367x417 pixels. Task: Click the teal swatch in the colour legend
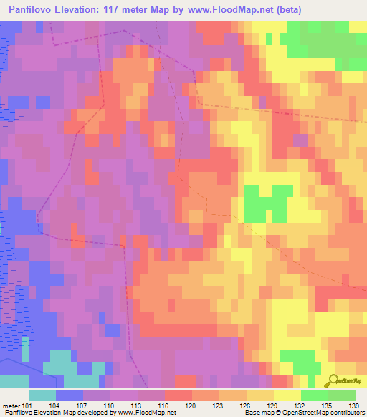[42, 395]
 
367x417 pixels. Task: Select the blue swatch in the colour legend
[70, 395]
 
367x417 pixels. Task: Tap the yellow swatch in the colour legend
[287, 395]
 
